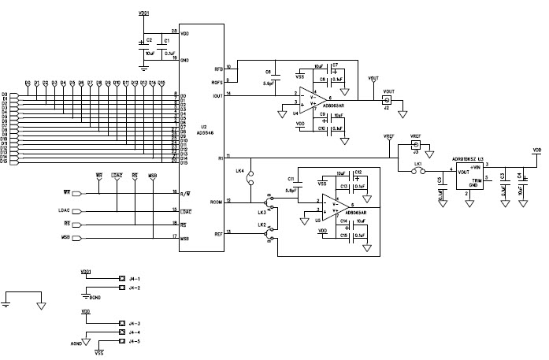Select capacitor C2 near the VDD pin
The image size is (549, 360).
[143, 44]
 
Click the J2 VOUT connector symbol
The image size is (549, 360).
[388, 100]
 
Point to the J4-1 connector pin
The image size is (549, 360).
[121, 278]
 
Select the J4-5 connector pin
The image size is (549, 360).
[121, 341]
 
